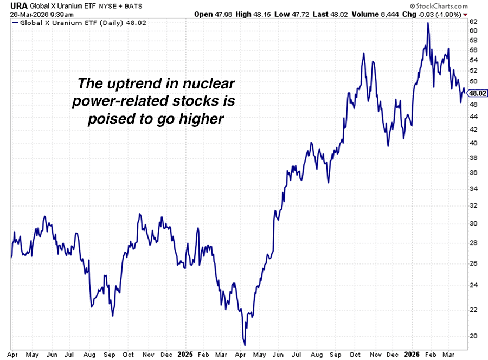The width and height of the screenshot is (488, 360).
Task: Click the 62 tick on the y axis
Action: (473, 22)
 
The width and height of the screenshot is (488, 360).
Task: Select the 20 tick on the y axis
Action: (473, 336)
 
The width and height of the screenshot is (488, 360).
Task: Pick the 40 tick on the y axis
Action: (473, 143)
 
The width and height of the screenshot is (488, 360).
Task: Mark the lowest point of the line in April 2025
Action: (245, 345)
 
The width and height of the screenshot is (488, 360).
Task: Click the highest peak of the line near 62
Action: (428, 23)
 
